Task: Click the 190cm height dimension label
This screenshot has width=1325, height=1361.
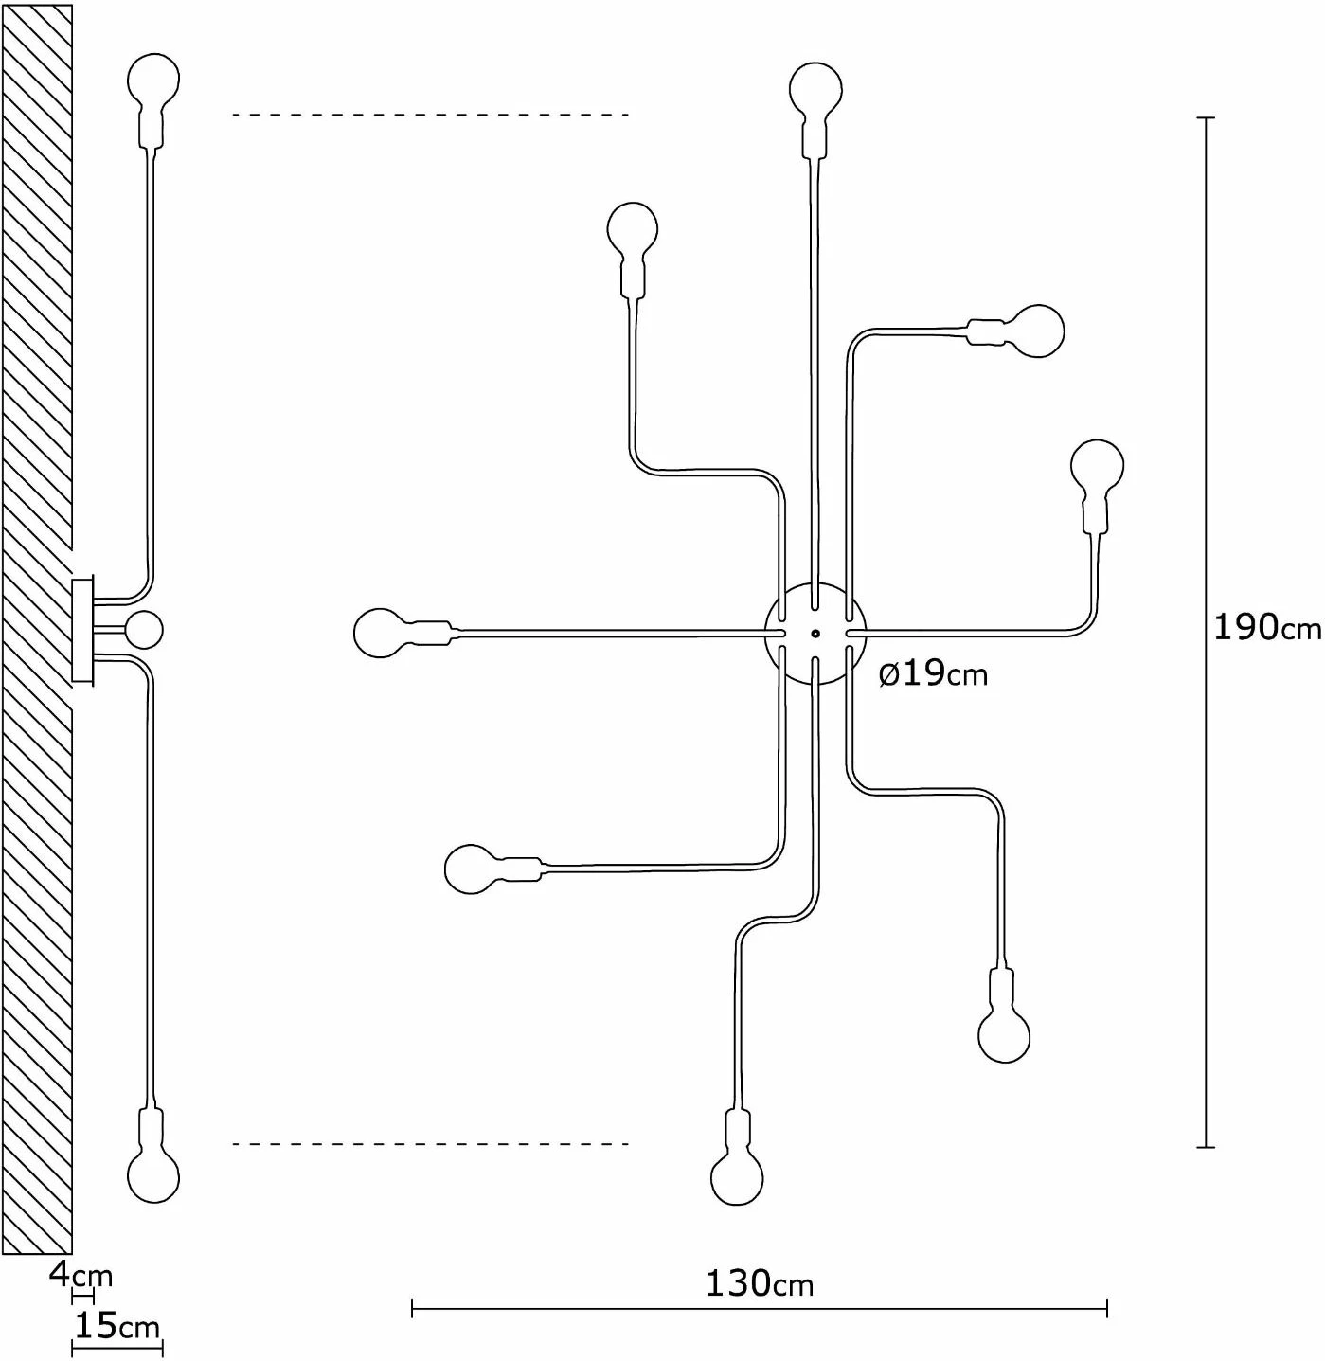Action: (1267, 628)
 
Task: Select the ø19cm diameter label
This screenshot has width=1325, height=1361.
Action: (934, 674)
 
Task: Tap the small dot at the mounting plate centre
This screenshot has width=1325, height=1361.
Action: (815, 634)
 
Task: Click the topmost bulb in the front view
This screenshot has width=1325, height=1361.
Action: (815, 111)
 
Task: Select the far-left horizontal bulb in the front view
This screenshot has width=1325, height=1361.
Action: (406, 633)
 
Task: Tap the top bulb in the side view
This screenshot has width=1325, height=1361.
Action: (153, 100)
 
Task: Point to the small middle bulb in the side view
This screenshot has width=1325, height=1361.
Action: (144, 630)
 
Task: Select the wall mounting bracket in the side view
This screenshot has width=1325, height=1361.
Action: (82, 630)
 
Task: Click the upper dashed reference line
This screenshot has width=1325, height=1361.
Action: (431, 114)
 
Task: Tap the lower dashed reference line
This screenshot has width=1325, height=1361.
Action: (431, 1144)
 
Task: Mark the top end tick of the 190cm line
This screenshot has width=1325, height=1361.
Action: (1206, 117)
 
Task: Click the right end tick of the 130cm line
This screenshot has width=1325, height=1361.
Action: (1107, 1308)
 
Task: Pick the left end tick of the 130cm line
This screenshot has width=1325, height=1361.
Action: (413, 1308)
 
